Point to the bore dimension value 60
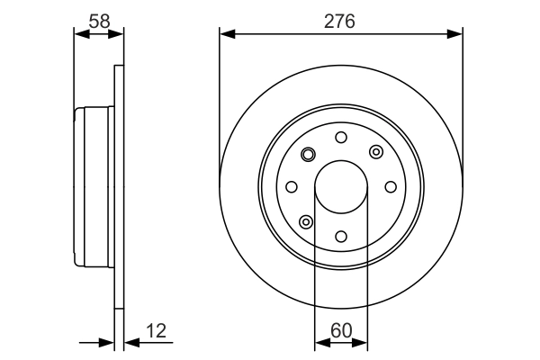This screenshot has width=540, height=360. click(341, 331)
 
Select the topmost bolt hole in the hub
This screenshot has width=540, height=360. click(341, 137)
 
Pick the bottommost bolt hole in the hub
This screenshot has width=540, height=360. click(341, 236)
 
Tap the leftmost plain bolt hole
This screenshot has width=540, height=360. click(292, 186)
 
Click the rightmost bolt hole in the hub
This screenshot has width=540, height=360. click(391, 186)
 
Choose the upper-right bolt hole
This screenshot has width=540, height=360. click(375, 151)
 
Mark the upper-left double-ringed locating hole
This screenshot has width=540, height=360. click(307, 154)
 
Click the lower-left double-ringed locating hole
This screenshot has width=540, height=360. click(307, 221)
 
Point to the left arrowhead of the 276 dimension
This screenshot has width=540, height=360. click(226, 34)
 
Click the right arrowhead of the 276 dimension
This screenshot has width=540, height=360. click(456, 34)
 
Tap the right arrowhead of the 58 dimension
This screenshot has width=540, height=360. click(117, 34)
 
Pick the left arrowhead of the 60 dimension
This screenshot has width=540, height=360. click(319, 343)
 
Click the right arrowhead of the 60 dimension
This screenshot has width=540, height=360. click(363, 343)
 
